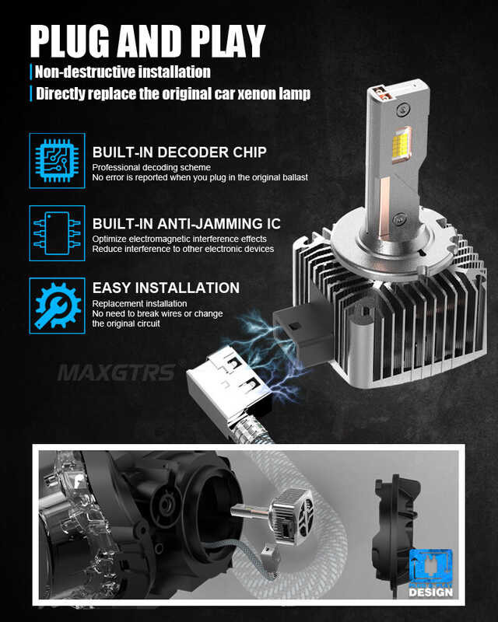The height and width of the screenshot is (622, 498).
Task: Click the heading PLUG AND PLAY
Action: click(x=148, y=40)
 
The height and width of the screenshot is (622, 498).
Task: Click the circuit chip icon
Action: click(x=57, y=160)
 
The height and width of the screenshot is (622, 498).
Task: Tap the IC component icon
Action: click(x=57, y=232)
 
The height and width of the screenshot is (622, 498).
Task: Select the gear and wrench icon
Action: click(x=57, y=306)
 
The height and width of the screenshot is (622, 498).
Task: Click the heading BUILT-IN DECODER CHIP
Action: click(x=179, y=152)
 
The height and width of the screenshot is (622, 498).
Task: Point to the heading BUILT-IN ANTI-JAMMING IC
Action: click(x=187, y=224)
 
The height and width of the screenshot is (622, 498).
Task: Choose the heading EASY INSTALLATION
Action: click(x=166, y=288)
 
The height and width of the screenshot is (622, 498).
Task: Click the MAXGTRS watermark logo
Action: click(x=116, y=372)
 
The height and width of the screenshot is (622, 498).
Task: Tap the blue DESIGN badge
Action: click(x=430, y=576)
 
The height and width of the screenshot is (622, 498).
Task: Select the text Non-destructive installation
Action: click(x=123, y=72)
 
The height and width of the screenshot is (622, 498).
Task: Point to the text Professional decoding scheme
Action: click(x=151, y=167)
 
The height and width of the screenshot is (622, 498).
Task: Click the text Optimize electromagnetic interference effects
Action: click(x=179, y=239)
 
